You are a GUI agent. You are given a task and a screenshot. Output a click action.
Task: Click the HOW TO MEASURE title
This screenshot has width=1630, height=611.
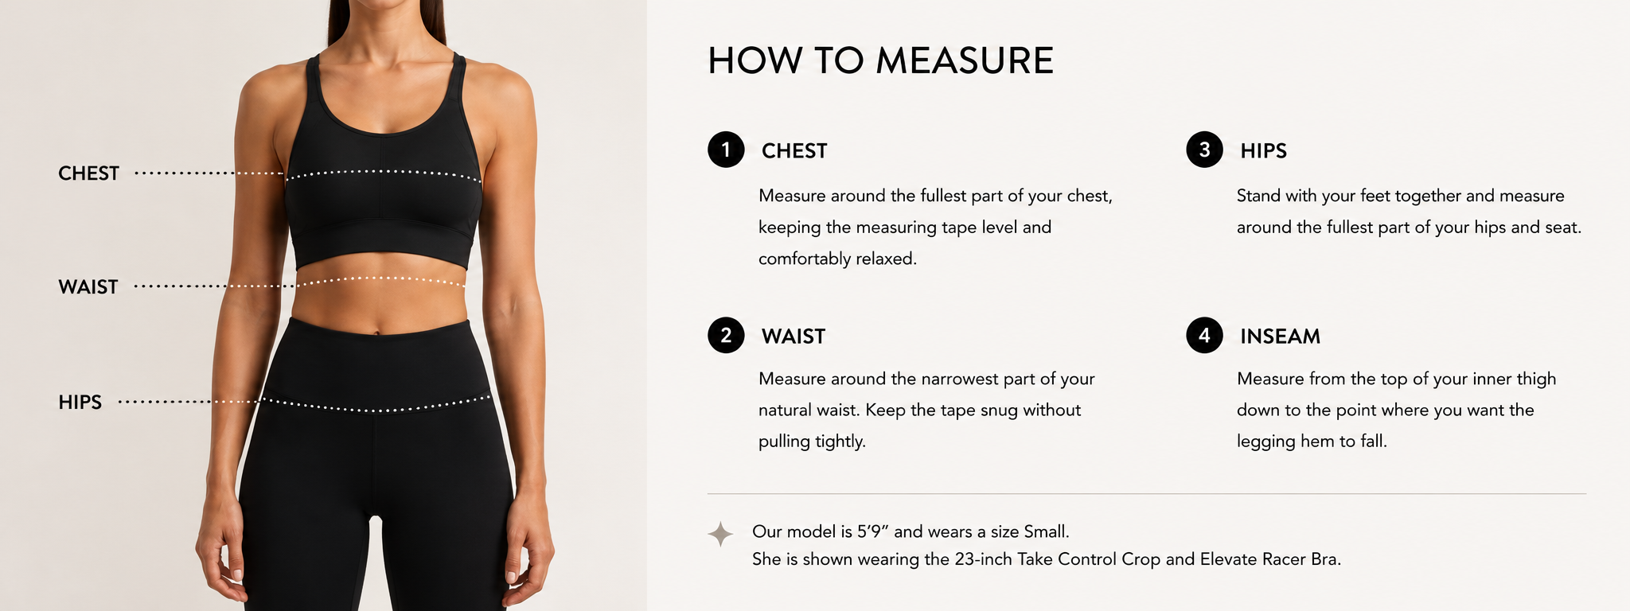[880, 61]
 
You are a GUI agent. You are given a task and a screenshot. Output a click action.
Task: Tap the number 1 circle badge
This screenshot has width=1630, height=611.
[726, 150]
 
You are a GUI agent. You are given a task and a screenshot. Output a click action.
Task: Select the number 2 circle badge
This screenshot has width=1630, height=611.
[726, 335]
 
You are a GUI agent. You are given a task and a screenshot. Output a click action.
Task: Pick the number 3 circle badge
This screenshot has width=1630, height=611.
[1204, 150]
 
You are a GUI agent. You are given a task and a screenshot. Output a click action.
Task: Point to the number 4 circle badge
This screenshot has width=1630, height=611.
[1204, 335]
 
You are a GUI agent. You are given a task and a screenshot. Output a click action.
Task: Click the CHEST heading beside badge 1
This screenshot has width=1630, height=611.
[794, 151]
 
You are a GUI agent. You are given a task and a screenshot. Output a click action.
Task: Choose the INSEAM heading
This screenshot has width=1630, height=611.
[1280, 337]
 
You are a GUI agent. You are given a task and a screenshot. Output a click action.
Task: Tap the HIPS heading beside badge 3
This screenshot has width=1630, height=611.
[1263, 151]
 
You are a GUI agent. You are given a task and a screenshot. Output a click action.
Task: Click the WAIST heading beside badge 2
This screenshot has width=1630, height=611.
[794, 337]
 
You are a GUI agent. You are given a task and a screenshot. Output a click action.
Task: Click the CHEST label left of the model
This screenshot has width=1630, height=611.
[88, 173]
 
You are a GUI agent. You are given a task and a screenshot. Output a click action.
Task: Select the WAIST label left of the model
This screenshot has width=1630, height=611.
[88, 287]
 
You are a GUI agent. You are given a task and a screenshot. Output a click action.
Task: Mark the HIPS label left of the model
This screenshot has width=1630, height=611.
[80, 403]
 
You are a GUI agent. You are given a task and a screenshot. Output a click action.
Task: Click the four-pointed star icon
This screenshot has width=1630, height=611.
[720, 534]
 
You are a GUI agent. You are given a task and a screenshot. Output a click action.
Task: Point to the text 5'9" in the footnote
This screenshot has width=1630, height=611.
[873, 531]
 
